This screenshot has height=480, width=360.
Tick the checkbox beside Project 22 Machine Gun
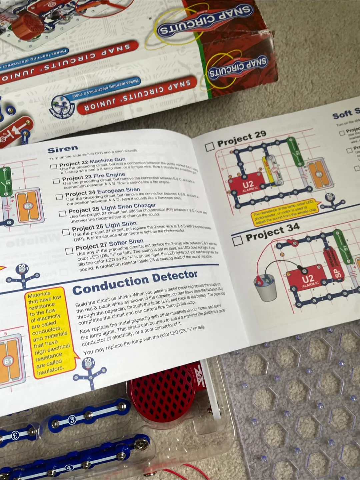53,166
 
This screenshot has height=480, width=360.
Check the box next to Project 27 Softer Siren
69,251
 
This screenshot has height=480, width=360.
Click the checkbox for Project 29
209,147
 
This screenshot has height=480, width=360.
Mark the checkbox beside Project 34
238,240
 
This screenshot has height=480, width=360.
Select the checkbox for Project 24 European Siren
59,197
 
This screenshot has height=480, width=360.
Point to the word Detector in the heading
175,276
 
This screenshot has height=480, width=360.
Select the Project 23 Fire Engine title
93,176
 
